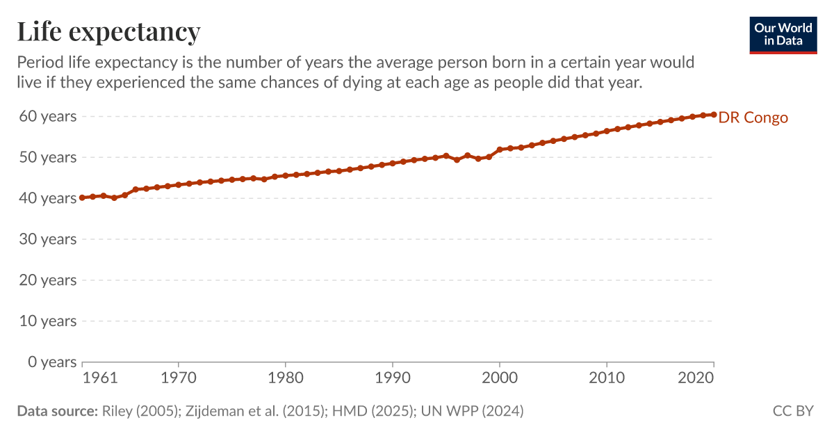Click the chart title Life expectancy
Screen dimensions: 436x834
click(108, 32)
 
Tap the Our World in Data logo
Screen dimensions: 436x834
click(783, 32)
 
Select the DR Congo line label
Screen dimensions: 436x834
click(753, 118)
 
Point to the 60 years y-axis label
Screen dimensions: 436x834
click(47, 116)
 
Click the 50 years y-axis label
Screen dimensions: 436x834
click(47, 157)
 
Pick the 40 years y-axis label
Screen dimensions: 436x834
click(47, 198)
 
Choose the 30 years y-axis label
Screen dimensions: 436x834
click(47, 239)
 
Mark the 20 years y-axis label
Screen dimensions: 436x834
click(47, 280)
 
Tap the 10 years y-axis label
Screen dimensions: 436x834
click(47, 321)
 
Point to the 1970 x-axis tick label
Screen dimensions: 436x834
click(179, 378)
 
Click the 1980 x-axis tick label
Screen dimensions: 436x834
click(286, 378)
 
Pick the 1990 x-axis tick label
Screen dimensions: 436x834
click(393, 378)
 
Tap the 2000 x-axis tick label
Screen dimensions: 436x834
click(500, 378)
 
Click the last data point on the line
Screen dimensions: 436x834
click(714, 115)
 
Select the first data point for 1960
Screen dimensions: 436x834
click(82, 197)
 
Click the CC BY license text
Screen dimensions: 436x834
click(793, 411)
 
